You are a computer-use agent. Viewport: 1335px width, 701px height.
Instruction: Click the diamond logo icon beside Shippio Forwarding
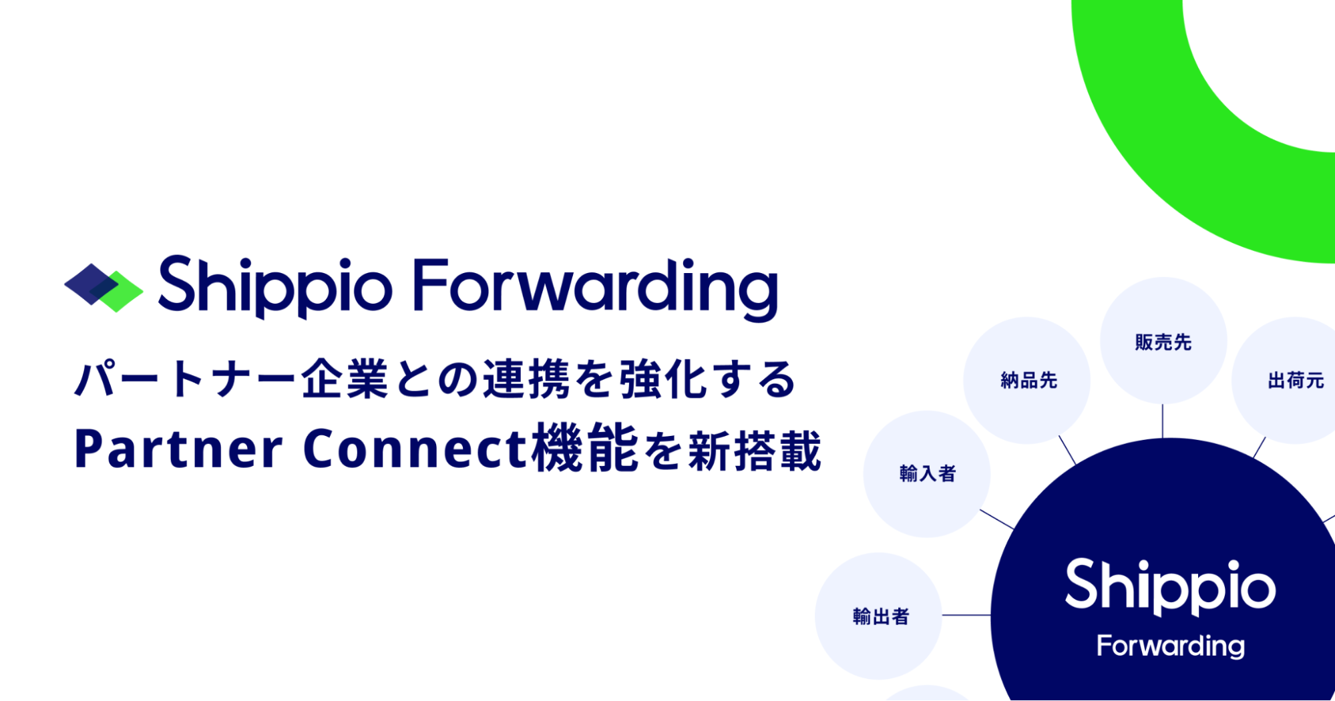(104, 288)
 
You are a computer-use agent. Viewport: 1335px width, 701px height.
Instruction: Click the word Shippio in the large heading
(274, 287)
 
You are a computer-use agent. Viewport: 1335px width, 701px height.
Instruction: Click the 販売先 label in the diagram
(1163, 342)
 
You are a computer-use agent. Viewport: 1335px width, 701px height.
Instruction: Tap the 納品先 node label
(1028, 381)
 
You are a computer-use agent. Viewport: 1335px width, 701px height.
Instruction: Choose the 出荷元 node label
(1296, 381)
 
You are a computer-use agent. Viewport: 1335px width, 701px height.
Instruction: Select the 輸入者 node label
(928, 474)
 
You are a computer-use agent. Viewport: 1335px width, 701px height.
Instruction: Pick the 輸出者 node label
(881, 616)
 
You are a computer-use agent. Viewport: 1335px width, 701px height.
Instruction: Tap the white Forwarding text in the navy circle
(1171, 646)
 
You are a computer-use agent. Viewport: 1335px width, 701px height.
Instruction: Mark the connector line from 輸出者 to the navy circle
(966, 615)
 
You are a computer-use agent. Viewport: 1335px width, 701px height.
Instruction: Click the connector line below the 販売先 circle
(1163, 421)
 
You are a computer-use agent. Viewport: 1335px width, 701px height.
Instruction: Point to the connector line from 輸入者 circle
(997, 519)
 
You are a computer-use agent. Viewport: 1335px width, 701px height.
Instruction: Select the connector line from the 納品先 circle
(1067, 451)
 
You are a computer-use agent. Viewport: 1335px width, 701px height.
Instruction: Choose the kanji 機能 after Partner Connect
(586, 449)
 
